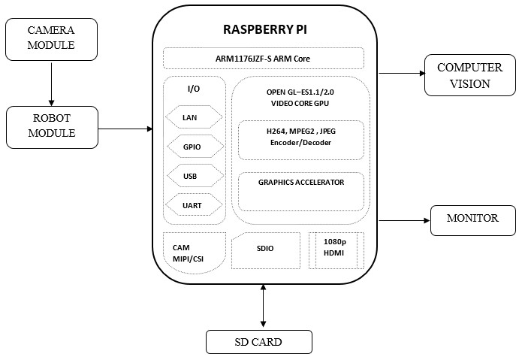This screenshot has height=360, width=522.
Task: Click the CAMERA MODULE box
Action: coord(51,39)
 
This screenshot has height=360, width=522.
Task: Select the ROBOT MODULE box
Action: coord(51,126)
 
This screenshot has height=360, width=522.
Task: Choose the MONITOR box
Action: coord(472,219)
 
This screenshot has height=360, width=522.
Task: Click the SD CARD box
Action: coord(258,342)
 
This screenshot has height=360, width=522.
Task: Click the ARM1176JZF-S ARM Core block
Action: coord(263,59)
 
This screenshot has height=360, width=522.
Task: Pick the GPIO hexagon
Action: coord(192,147)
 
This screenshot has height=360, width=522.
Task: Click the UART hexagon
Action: coord(192,204)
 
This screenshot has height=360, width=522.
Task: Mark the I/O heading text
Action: coord(193,89)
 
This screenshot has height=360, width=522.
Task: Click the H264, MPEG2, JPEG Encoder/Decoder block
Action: coord(300,138)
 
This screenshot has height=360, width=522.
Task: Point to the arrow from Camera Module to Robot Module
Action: coord(51,83)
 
